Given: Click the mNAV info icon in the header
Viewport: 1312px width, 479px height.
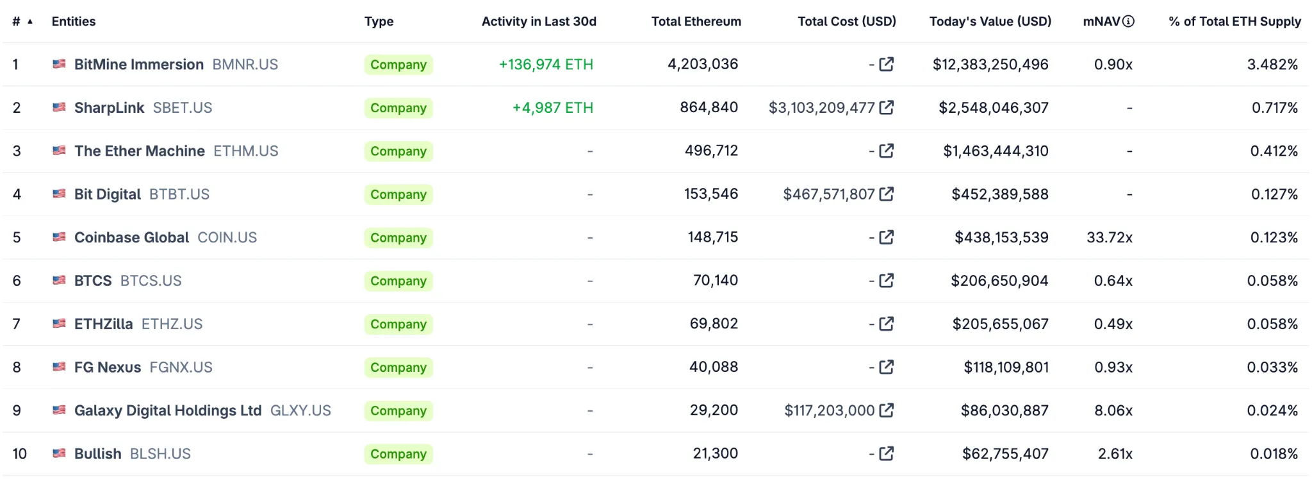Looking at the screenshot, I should point(1129,21).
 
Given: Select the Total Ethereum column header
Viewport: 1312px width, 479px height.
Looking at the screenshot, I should point(696,21).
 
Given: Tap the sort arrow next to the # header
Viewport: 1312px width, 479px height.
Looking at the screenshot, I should point(29,22).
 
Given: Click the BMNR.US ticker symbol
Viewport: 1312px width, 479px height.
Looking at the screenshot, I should point(245,65).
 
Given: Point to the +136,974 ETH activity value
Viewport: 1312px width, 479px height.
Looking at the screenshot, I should point(546,65).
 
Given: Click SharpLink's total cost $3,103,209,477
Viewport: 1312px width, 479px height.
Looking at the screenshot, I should point(821,108).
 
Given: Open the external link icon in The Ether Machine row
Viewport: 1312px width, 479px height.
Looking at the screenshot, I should point(887,151).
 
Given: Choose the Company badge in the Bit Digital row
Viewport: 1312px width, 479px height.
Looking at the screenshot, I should point(398,194).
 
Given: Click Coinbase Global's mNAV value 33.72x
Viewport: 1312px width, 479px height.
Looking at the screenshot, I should point(1109,238).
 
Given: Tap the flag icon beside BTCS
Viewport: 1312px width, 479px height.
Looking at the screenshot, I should point(59,280).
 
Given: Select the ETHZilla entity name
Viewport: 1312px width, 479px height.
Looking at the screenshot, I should point(103,324).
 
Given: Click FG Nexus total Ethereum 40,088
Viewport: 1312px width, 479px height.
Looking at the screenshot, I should point(713,367).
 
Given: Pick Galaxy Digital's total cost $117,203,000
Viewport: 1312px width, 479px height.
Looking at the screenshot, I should point(829,410).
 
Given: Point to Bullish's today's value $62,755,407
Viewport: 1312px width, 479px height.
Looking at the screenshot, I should point(1004,454).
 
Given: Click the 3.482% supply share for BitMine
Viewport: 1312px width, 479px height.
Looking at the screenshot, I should point(1272,65).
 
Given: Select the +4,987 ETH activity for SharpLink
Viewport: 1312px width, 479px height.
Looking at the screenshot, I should point(552,108).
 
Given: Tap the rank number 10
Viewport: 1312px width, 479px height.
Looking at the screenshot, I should point(19,454).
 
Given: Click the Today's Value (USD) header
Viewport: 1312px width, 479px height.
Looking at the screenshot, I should point(990,21).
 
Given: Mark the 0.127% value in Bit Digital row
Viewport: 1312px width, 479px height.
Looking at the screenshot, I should point(1274,194).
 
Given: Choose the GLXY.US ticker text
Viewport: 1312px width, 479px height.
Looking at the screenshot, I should point(300,410).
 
